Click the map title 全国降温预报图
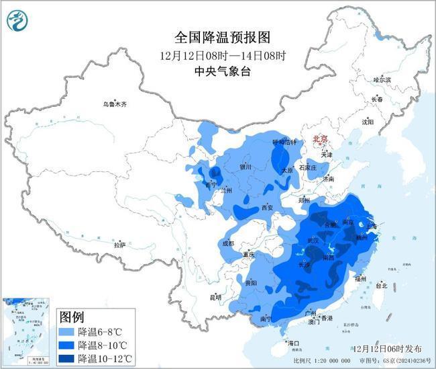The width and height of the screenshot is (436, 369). pyautogui.click(x=216, y=37)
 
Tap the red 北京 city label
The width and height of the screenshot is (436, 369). pyautogui.click(x=321, y=139)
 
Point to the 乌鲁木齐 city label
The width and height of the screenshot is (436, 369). pyautogui.click(x=114, y=104)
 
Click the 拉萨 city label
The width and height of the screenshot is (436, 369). pyautogui.click(x=119, y=245)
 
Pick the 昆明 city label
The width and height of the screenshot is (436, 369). pyautogui.click(x=215, y=296)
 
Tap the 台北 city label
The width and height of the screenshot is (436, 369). pyautogui.click(x=381, y=285)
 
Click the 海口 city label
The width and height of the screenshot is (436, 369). pyautogui.click(x=292, y=343)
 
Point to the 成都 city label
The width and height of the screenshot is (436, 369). pyautogui.click(x=227, y=243)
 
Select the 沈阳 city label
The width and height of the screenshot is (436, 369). pyautogui.click(x=367, y=122)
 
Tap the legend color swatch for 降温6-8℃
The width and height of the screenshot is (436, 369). pyautogui.click(x=68, y=331)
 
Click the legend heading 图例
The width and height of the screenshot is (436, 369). pyautogui.click(x=72, y=317)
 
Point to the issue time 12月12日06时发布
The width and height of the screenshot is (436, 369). pyautogui.click(x=388, y=348)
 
